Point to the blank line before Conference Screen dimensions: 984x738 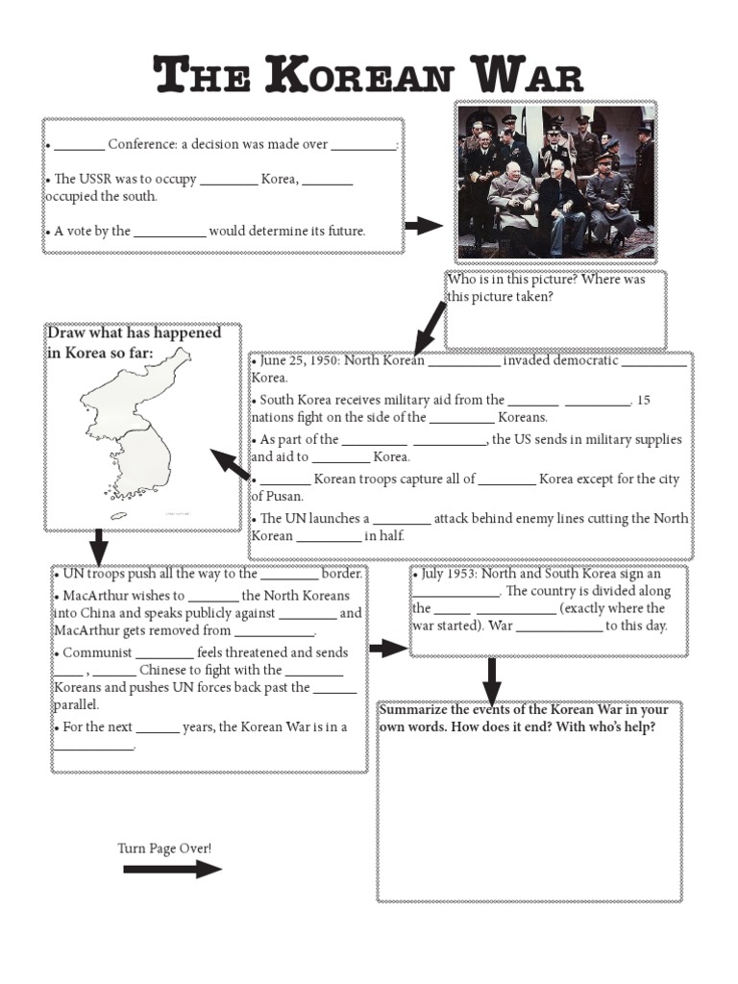(79, 147)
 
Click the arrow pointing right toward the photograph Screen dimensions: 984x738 (423, 226)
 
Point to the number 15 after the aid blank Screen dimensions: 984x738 (644, 400)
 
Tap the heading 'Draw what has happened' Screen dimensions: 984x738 (134, 332)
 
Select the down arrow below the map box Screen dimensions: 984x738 (98, 548)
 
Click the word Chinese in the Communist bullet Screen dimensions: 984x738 (164, 670)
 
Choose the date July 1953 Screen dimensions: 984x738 (448, 574)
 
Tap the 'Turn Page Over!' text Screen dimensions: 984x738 (164, 848)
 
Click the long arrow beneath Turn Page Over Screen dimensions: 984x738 (172, 869)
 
